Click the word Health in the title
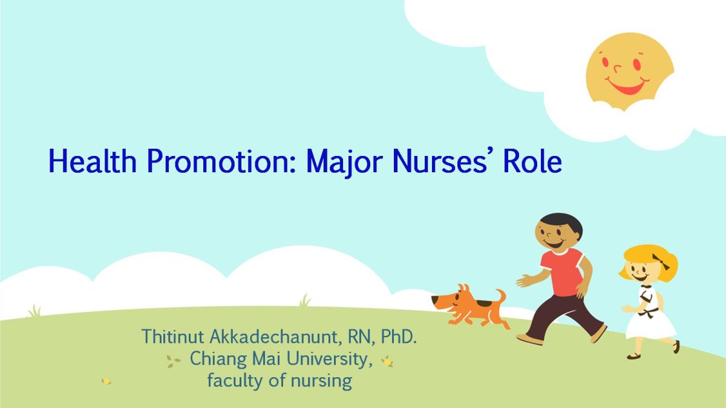93,161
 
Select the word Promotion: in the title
221,161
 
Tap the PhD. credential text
399,337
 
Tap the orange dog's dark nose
433,299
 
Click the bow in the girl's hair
661,262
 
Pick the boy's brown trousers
563,317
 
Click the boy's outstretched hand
523,280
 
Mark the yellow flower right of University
387,361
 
